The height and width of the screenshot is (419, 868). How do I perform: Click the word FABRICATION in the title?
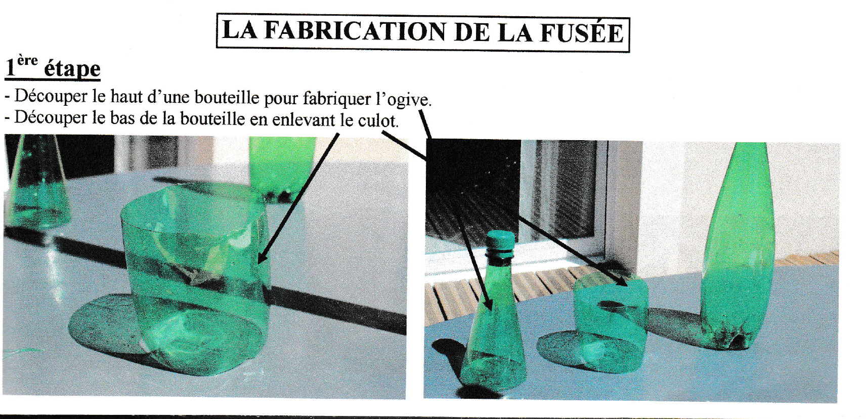pyautogui.click(x=355, y=32)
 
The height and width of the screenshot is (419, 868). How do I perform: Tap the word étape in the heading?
pyautogui.click(x=72, y=69)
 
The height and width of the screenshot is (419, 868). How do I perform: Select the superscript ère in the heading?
pyautogui.click(x=27, y=61)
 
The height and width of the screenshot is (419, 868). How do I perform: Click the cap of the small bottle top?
pyautogui.click(x=500, y=239)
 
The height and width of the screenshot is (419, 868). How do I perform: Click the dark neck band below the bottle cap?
pyautogui.click(x=500, y=258)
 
